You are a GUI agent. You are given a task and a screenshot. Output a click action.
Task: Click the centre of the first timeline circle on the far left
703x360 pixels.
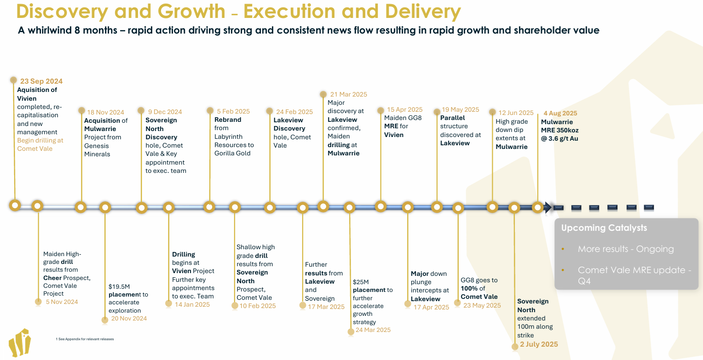(15, 206)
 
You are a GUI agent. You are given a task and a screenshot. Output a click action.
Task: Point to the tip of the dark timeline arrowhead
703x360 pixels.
(552, 207)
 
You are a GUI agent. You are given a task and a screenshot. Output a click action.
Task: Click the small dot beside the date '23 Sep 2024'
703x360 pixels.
(13, 80)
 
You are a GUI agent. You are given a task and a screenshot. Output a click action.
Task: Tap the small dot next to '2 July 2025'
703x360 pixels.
(515, 347)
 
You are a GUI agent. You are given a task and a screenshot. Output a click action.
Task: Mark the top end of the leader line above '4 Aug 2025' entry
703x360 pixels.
(538, 114)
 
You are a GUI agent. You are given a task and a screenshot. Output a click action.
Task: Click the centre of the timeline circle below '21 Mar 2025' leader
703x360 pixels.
(323, 206)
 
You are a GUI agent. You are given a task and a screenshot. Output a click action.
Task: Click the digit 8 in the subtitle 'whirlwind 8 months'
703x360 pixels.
(77, 30)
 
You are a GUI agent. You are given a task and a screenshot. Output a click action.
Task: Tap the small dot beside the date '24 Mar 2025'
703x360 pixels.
(351, 331)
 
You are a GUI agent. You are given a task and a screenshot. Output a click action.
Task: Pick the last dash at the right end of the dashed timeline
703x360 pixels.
(649, 207)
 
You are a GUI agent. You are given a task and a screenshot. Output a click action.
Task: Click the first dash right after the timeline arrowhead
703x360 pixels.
(559, 208)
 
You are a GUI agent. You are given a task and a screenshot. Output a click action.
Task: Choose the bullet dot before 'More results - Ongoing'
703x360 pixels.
(563, 249)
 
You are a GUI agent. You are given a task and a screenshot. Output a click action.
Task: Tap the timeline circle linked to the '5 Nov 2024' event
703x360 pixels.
(37, 206)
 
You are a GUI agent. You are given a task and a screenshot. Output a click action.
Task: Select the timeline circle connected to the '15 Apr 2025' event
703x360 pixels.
(380, 206)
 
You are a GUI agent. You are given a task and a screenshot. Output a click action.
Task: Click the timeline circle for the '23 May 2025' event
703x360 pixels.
(458, 208)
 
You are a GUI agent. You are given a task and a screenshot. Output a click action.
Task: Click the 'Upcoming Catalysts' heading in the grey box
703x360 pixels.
(604, 228)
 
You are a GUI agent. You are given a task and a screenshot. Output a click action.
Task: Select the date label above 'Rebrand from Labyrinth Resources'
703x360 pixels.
(233, 111)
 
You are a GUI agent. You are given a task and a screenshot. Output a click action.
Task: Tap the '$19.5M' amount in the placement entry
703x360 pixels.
(119, 286)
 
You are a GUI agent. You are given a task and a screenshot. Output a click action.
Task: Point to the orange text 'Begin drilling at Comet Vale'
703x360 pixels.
(40, 144)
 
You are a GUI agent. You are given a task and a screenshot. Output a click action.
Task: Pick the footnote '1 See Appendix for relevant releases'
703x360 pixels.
(85, 339)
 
